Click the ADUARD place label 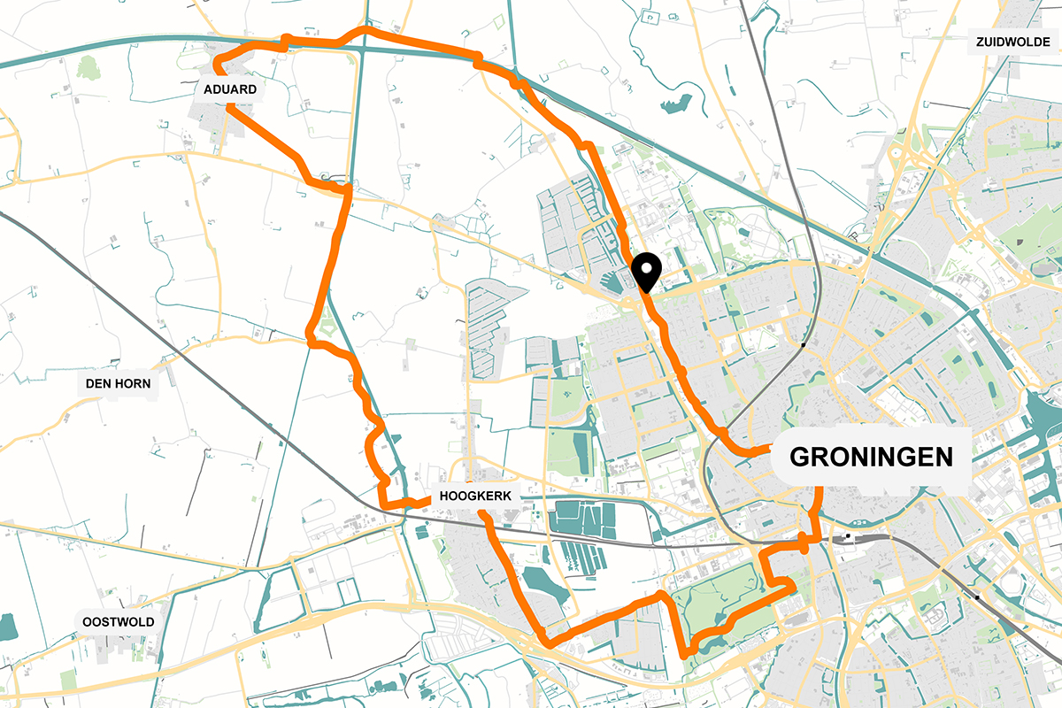[230, 89]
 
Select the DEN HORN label [119, 384]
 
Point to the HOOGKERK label [476, 497]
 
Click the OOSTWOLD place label [119, 621]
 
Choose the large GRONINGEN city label [871, 457]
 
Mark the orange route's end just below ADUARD [230, 108]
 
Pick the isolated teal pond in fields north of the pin [675, 104]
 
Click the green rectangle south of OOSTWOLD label [68, 680]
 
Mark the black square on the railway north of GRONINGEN [802, 343]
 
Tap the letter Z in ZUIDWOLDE [981, 42]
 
